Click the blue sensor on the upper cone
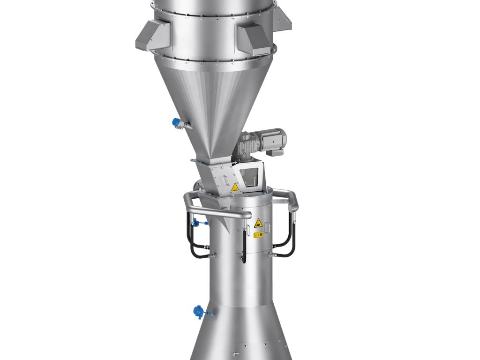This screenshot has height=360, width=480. tap(177, 122)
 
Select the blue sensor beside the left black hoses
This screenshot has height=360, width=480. tap(196, 223)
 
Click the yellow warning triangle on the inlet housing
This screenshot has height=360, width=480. tap(235, 187)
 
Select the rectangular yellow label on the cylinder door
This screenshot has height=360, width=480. tap(258, 234)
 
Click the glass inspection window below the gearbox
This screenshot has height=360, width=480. tap(251, 176)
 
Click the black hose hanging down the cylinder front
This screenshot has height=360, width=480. tap(243, 246)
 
